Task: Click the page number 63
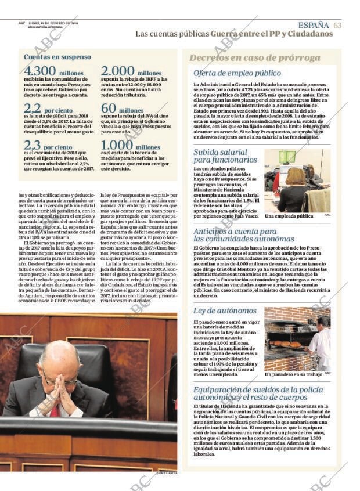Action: [337, 25]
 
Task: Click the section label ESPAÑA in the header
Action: [314, 25]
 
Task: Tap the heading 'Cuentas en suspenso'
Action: [57, 57]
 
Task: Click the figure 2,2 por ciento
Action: [48, 109]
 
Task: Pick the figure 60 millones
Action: [122, 109]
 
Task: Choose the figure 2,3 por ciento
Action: [48, 146]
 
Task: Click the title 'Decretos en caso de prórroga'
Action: [255, 58]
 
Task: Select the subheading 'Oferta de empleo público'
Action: [237, 73]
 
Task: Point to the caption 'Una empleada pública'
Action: [289, 216]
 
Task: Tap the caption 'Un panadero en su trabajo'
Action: [293, 374]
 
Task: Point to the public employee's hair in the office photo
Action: [295, 176]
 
